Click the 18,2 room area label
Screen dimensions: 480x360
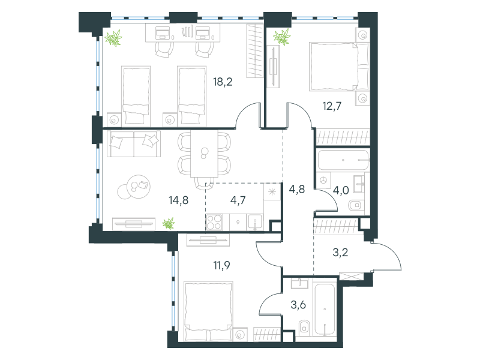(x=223, y=82)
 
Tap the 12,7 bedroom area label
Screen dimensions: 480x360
(x=332, y=106)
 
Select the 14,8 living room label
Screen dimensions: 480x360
(x=178, y=200)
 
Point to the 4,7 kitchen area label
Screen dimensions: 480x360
(x=238, y=200)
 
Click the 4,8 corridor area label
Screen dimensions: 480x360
(x=297, y=189)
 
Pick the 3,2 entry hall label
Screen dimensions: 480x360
(x=340, y=253)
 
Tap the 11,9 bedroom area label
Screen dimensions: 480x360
(x=221, y=265)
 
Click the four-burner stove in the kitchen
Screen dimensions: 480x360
(x=214, y=222)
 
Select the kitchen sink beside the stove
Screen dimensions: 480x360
(x=254, y=222)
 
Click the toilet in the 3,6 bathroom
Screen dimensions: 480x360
(x=304, y=328)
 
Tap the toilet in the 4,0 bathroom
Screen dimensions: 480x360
(x=356, y=205)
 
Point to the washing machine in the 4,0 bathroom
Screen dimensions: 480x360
(x=323, y=181)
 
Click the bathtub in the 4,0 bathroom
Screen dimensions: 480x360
(x=343, y=160)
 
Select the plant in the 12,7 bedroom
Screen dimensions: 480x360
(x=281, y=37)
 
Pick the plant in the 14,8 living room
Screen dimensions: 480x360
(x=168, y=224)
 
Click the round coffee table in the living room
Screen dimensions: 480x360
(x=139, y=187)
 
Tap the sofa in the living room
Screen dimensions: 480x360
(x=134, y=143)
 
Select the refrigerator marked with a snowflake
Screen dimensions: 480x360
(x=272, y=192)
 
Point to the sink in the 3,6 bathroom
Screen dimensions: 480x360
(x=300, y=283)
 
